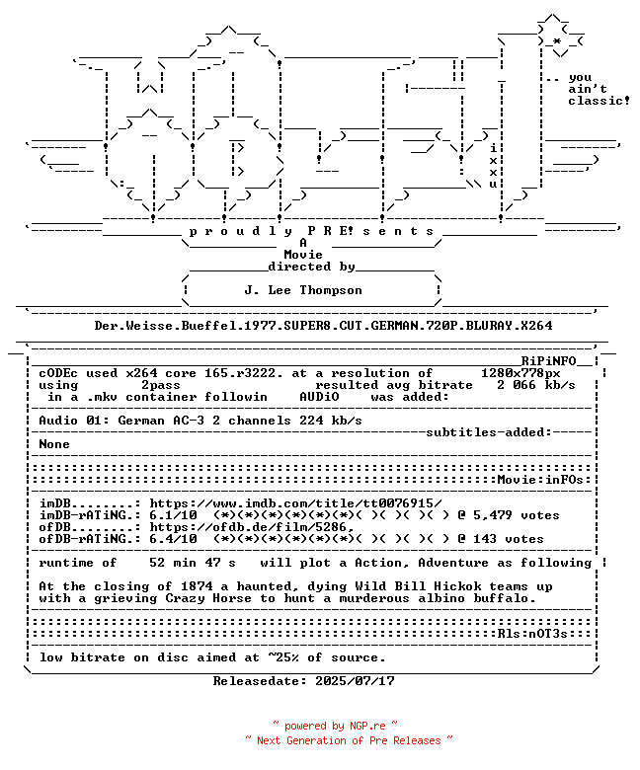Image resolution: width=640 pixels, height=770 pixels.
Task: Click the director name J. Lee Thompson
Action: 303,290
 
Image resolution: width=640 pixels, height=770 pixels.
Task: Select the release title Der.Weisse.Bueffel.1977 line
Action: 323,326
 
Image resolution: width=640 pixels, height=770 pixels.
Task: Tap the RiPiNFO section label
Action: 548,361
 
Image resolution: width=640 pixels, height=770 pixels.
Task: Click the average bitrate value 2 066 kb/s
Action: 536,385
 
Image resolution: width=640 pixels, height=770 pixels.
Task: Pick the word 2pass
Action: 161,385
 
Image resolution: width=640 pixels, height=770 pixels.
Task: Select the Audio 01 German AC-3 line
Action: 200,421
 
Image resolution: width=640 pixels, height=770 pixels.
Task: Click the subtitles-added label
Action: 489,432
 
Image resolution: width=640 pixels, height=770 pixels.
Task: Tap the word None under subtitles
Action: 54,444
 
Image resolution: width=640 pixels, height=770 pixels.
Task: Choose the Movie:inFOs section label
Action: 540,480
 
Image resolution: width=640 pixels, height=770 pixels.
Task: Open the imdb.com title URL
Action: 295,503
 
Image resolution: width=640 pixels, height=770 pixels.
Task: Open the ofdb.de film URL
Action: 252,527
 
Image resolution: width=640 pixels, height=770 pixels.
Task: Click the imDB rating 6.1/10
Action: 173,515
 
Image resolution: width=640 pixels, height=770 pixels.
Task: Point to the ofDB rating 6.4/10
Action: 173,539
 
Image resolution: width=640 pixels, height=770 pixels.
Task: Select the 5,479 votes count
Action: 517,515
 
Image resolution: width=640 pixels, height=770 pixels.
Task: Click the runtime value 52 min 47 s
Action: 192,563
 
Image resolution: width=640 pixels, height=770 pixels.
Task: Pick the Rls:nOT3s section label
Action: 532,634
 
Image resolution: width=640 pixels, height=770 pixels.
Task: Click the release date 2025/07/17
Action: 355,681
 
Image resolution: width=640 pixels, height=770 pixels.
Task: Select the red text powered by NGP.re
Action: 335,726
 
